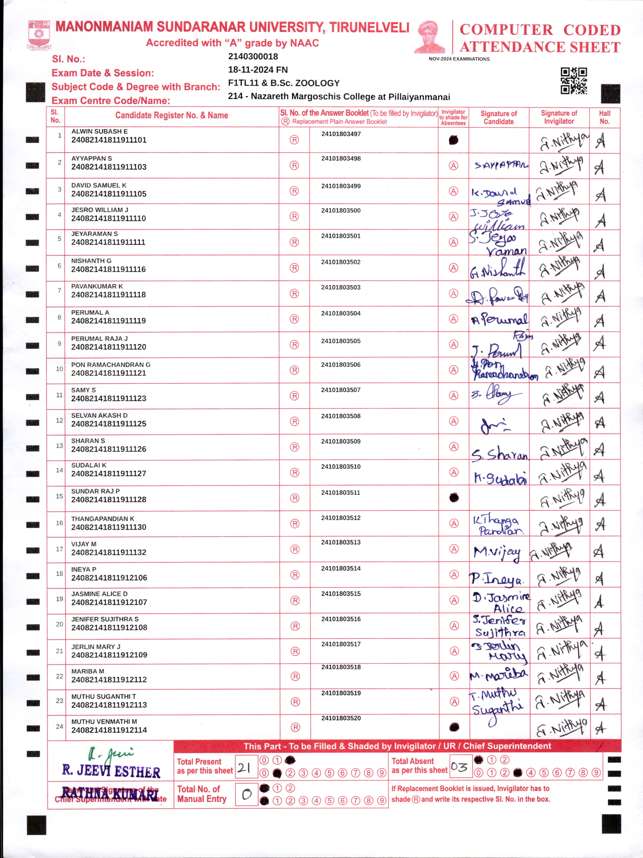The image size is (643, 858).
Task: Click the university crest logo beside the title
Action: tap(39, 35)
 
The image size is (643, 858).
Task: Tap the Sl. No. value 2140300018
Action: tap(253, 57)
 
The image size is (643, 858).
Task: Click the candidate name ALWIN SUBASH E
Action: tap(99, 131)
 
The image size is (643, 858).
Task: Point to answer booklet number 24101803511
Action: tap(340, 493)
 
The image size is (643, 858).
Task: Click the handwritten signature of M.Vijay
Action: tap(497, 552)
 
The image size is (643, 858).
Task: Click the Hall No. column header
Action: tap(604, 117)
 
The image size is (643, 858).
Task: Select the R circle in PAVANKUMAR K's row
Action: tap(294, 294)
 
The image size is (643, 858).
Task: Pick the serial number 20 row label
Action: tap(59, 624)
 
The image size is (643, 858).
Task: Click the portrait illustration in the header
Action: tap(430, 37)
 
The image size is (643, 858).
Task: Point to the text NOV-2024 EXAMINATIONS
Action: tap(459, 59)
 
